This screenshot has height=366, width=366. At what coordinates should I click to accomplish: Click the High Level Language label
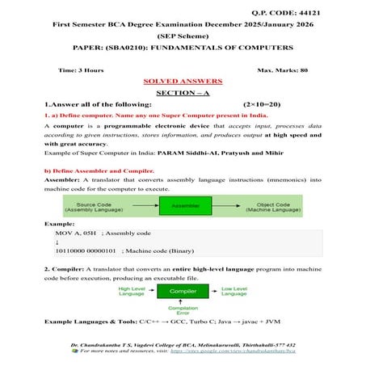click(131, 291)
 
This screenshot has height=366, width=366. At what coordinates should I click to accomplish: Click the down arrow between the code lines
click(57, 241)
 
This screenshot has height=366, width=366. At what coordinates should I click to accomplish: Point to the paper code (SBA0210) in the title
click(112, 48)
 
